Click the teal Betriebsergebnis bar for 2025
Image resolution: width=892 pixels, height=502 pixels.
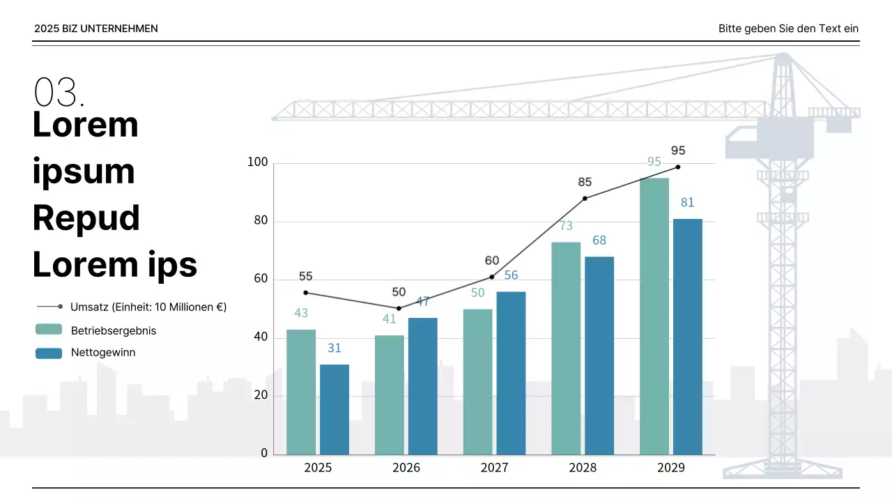301,392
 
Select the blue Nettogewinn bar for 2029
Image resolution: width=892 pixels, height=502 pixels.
688,337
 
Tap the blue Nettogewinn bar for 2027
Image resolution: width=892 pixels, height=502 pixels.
511,373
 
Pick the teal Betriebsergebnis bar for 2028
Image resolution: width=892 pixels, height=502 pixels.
566,349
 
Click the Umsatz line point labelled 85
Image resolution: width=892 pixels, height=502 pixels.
585,198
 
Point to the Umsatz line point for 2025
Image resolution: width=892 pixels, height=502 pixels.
306,293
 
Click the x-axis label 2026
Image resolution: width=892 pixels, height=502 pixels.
406,468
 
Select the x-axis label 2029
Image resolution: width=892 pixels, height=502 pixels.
671,468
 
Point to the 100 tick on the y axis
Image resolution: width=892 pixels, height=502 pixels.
258,162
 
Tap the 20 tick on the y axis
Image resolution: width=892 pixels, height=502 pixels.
261,395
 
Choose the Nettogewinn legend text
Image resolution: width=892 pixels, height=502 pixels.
103,353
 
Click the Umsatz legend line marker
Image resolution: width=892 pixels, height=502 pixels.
49,307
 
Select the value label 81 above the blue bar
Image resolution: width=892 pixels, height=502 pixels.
688,203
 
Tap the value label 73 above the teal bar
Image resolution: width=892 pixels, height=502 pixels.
566,226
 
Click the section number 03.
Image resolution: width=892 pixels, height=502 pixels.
59,92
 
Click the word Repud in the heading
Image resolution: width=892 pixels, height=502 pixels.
86,218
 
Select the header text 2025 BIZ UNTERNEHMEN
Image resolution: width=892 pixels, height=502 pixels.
96,29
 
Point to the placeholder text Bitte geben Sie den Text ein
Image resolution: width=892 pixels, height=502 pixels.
788,29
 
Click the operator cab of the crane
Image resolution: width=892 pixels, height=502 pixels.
785,137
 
